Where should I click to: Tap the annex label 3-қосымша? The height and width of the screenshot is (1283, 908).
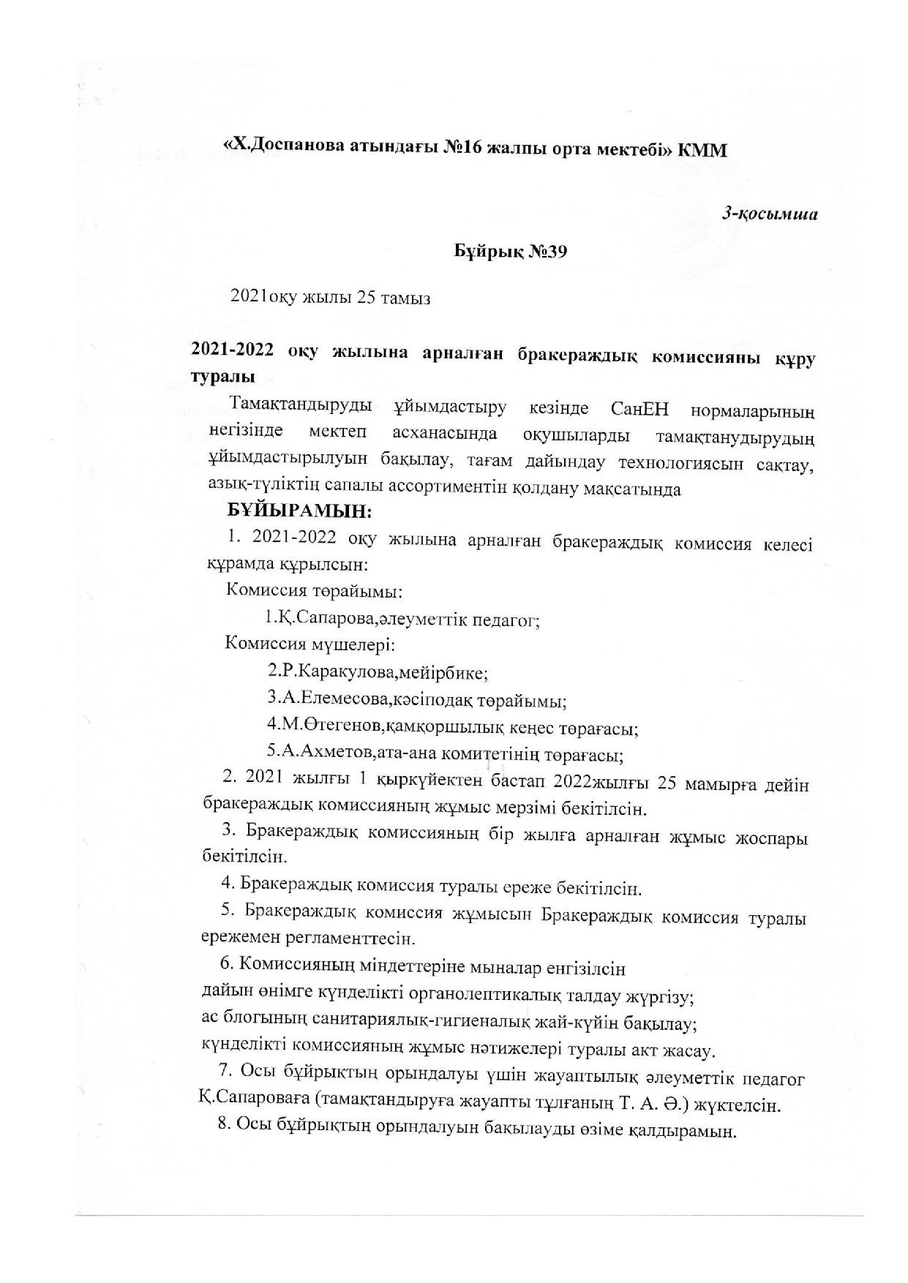[770, 214]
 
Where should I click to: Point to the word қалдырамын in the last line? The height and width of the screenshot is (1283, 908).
[680, 1131]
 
